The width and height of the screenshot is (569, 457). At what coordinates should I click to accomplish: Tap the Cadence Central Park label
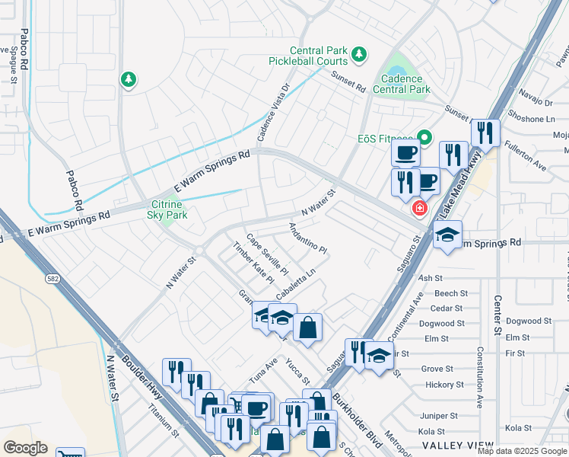click(402, 83)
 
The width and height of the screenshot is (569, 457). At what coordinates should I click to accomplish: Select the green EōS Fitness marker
click(424, 138)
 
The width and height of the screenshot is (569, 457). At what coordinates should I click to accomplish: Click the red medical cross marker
click(418, 208)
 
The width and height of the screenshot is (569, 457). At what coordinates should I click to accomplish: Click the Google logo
click(25, 448)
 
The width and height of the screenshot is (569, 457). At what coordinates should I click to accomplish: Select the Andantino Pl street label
click(307, 238)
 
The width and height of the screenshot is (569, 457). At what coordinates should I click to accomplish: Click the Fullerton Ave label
click(526, 153)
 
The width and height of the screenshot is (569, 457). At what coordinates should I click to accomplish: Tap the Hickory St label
click(444, 385)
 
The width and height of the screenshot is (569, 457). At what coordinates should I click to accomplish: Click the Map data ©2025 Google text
click(522, 451)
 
